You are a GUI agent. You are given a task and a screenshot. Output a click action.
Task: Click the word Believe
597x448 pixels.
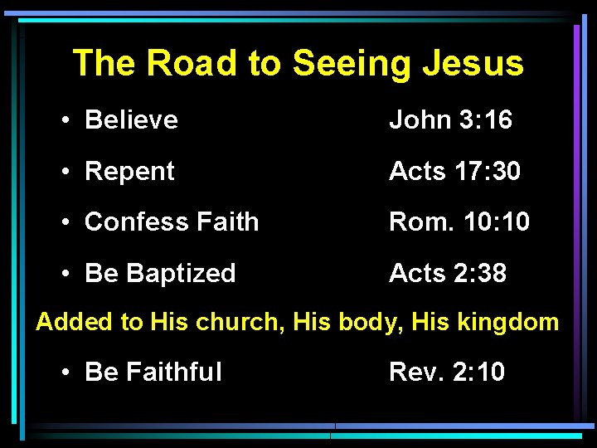(x=131, y=120)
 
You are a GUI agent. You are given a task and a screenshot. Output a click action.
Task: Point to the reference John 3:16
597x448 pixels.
(x=451, y=120)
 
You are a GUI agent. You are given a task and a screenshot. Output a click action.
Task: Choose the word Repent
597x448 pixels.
(x=129, y=172)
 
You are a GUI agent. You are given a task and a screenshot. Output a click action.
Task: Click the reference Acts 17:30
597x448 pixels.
(x=455, y=172)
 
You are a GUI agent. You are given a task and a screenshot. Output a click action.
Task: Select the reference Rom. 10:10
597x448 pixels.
(x=459, y=222)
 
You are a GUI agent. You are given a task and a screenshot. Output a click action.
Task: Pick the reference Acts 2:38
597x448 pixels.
(x=448, y=273)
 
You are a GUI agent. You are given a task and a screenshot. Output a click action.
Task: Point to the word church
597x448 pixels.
(x=240, y=323)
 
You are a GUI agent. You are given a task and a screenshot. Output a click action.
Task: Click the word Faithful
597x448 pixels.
(x=174, y=372)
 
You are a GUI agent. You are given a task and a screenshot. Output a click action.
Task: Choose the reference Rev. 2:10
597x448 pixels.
(x=447, y=372)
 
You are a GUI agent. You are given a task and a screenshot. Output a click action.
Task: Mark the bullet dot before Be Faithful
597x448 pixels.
(x=66, y=373)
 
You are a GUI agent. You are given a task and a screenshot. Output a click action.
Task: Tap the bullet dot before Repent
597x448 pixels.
(x=66, y=173)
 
